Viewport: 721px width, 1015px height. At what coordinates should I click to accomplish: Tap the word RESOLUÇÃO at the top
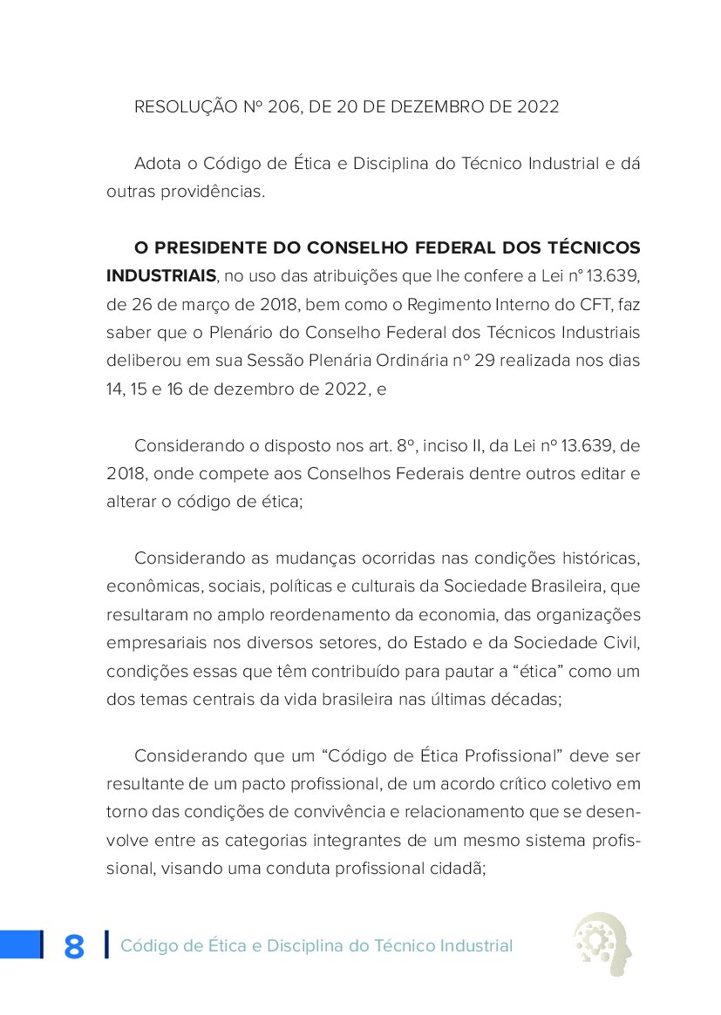tap(185, 107)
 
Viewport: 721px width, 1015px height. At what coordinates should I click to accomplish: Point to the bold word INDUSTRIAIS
tap(161, 276)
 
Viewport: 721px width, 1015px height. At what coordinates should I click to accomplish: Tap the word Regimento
tap(416, 304)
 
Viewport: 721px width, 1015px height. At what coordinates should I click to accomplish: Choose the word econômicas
tap(145, 587)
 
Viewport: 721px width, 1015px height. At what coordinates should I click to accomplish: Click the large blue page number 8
tap(74, 946)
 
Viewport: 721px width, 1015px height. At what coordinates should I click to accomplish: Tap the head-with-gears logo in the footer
tap(602, 942)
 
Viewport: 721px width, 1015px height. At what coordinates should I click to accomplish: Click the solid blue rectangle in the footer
tap(21, 944)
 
